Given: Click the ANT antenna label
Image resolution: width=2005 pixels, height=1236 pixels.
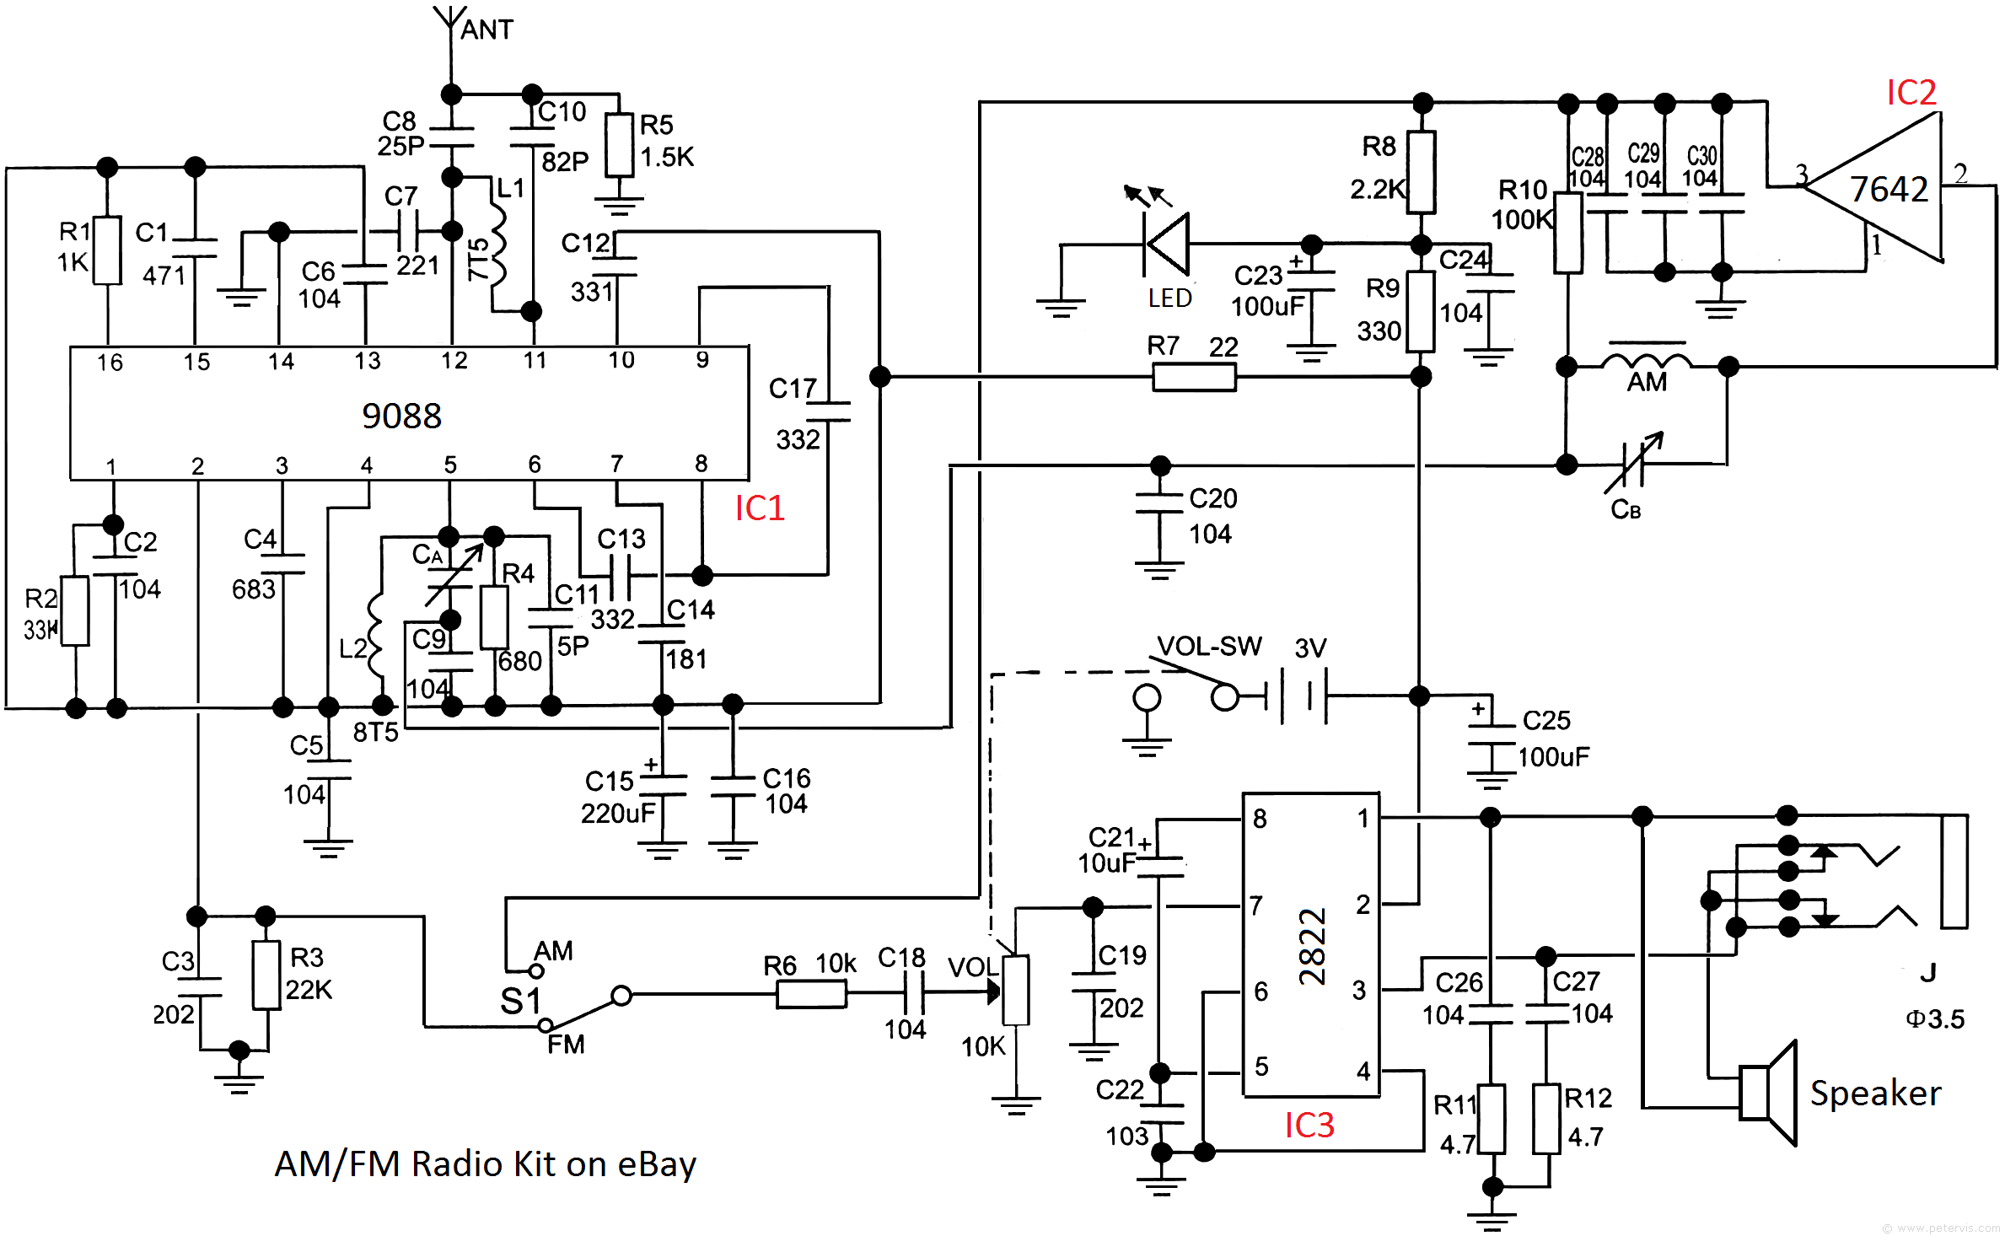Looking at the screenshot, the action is point(486,30).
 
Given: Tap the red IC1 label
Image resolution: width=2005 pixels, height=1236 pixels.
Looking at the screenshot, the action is point(760,508).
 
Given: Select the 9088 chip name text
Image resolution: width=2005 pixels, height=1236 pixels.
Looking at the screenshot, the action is point(401,416).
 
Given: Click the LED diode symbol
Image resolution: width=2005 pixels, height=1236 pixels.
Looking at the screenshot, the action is point(1167,245).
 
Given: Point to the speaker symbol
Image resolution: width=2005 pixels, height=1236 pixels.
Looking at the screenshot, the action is point(1768,1093).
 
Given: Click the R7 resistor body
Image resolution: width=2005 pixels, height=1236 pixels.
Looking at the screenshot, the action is point(1194,377).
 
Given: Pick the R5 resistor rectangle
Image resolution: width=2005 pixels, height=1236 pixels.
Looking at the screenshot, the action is point(620,145).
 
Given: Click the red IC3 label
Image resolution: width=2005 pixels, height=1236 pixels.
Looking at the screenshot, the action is point(1309,1125).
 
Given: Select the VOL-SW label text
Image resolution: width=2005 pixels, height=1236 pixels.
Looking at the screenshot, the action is point(1209,646).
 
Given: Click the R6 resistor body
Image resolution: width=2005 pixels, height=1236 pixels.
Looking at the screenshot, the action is point(811,995).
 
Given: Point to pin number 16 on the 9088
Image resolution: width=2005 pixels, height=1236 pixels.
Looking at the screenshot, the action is point(110,363).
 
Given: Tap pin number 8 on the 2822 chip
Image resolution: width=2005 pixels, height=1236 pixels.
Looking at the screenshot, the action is point(1260,819).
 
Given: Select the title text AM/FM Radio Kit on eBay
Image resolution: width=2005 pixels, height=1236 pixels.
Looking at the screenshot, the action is point(486,1164).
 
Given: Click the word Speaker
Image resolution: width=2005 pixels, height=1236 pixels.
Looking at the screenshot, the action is point(1876,1094).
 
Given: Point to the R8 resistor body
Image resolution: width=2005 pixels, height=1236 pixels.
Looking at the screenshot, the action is point(1422,172).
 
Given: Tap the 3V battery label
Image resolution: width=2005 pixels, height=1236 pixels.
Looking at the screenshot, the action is point(1310,648).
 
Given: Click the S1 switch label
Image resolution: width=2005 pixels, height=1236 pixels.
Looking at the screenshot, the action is point(519,1002).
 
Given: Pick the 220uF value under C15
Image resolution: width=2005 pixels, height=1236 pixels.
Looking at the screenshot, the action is point(618,814).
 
